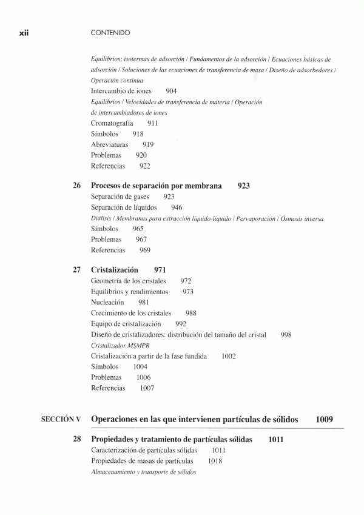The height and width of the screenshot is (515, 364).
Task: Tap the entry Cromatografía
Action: pos(112,123)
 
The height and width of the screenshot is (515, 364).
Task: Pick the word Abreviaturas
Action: pos(111,144)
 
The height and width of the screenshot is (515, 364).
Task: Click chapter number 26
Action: pos(77,186)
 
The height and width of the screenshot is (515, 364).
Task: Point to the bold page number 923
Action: pos(244,186)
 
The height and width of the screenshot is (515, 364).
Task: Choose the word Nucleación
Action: pos(107,302)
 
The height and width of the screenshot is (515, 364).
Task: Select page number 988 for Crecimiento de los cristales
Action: pos(190,313)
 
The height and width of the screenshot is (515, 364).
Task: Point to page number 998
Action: pos(286,334)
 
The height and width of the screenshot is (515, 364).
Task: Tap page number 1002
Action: pos(229,356)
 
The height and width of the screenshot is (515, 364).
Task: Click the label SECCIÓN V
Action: pos(61,419)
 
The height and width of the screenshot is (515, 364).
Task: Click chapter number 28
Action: pos(77,440)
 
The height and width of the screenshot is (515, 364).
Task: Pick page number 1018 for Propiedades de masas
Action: pos(215,461)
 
